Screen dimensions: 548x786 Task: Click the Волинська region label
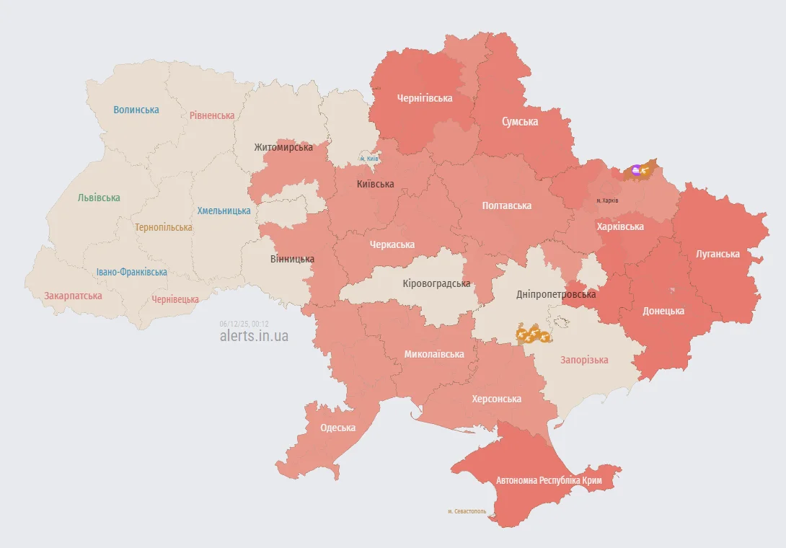pos(136,110)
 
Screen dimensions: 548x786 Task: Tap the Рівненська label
pos(212,115)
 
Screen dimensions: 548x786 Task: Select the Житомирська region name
pos(283,147)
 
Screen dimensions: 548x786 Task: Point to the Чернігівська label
pos(425,98)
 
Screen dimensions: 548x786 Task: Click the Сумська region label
pos(520,122)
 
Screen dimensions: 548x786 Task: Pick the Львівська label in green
pos(99,198)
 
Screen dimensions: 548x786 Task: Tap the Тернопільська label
pos(164,227)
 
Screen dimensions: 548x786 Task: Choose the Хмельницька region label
pos(224,211)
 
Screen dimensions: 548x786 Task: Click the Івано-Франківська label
pos(132,272)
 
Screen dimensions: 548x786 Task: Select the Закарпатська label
pos(73,296)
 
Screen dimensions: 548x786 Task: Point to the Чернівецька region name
pos(175,299)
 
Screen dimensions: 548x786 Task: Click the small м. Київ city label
pos(369,159)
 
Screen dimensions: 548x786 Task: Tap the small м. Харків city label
pos(607,200)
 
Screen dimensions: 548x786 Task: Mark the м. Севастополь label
pos(467,511)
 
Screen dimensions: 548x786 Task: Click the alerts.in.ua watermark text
pos(254,336)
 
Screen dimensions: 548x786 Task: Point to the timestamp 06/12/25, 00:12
pos(244,324)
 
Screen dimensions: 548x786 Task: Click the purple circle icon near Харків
pos(635,170)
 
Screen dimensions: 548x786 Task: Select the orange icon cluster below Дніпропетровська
pos(533,334)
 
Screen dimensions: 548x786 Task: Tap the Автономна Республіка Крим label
pos(549,479)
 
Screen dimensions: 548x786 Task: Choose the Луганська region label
pos(717,254)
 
